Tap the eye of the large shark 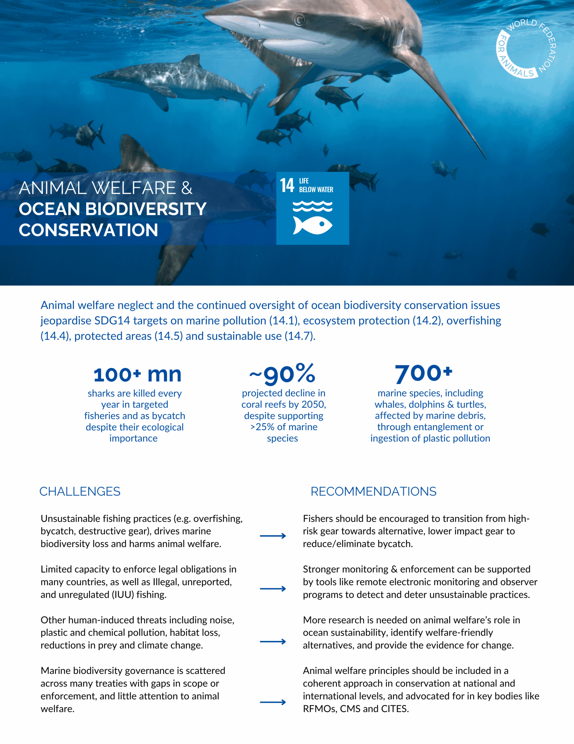(299, 19)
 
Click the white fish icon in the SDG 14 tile (312, 225)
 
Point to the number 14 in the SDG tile (287, 185)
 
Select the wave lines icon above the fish (312, 206)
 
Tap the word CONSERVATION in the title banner (89, 230)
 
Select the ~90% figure (282, 374)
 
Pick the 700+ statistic (424, 373)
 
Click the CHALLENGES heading (80, 491)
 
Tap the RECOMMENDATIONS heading (373, 491)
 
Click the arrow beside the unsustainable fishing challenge (273, 536)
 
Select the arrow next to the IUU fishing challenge (273, 589)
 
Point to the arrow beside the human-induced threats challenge (273, 641)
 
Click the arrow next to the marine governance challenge (273, 702)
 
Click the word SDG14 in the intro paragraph (112, 321)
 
